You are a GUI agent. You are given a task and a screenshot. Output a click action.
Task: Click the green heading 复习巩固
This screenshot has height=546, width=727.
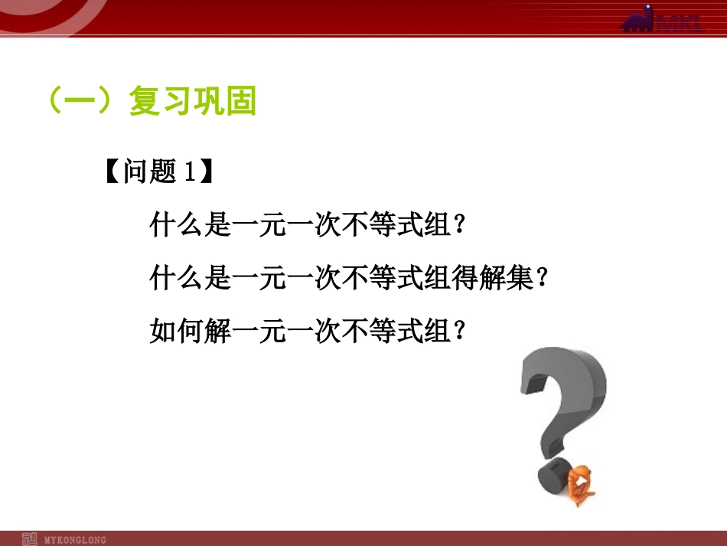tap(192, 100)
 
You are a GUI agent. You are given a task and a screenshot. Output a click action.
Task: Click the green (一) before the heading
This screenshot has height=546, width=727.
tap(80, 100)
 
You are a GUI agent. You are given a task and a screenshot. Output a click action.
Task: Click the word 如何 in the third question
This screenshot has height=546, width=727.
tap(177, 330)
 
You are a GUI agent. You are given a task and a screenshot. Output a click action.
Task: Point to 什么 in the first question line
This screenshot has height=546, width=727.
tap(177, 224)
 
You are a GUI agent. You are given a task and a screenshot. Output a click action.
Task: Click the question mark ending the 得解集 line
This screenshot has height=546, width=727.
tap(543, 276)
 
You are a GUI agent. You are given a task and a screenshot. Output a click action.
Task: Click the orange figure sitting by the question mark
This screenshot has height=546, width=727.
tap(580, 486)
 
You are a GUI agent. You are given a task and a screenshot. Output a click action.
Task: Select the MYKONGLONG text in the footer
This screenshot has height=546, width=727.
tap(75, 540)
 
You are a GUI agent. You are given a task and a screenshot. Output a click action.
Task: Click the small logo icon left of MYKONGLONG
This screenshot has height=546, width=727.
tap(29, 539)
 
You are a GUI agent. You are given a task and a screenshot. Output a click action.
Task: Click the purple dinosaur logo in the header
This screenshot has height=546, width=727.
tap(638, 19)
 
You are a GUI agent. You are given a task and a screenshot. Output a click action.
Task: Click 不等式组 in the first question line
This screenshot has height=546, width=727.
tap(396, 224)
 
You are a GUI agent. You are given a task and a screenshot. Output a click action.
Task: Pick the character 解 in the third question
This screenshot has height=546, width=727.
tap(217, 330)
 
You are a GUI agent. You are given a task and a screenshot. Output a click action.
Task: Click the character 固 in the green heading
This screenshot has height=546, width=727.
tap(240, 100)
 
